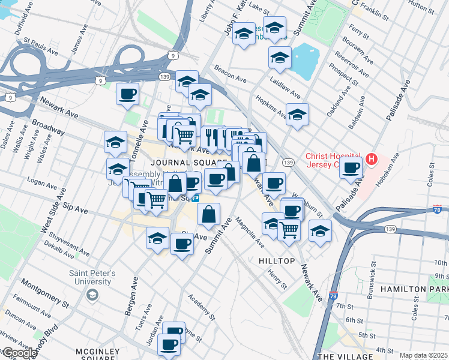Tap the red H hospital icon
(x=372, y=160)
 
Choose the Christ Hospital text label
(x=333, y=160)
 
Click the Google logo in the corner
(x=19, y=353)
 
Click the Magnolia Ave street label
(x=249, y=232)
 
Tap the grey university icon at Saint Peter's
(x=91, y=295)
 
